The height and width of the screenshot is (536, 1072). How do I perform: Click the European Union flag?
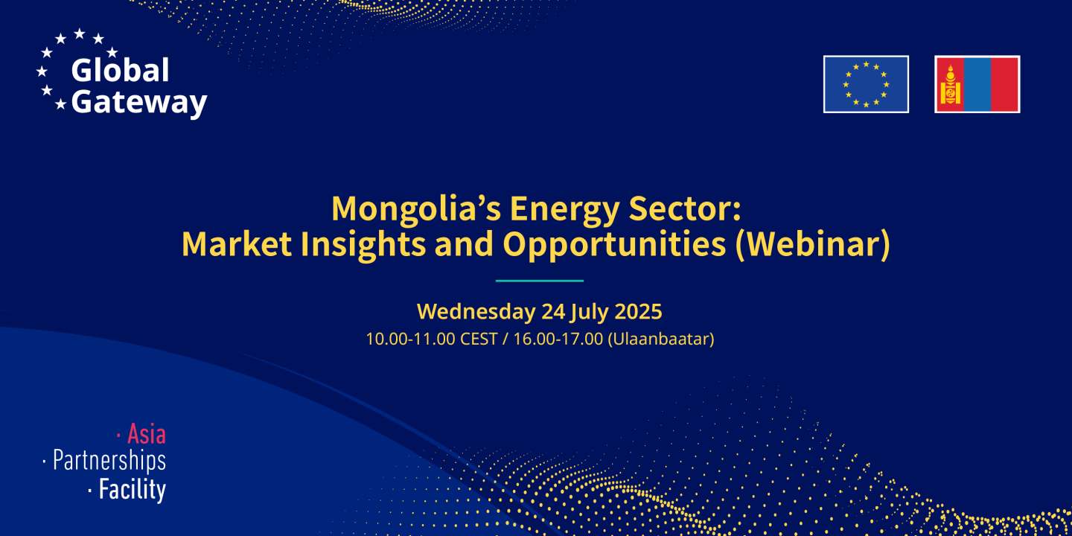866,84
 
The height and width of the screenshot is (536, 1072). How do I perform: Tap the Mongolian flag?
977,84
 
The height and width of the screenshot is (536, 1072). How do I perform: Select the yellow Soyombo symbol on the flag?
950,84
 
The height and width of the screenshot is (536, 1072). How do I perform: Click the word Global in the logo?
120,71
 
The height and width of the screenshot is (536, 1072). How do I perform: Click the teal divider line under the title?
539,281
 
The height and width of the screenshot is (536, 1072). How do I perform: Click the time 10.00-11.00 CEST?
431,339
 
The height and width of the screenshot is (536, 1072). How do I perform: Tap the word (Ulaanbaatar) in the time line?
661,339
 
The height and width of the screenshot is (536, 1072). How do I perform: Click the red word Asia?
146,433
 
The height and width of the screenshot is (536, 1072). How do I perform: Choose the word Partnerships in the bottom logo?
109,461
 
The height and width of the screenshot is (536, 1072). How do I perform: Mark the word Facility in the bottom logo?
132,490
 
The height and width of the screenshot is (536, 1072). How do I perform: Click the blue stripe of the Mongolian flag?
977,84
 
